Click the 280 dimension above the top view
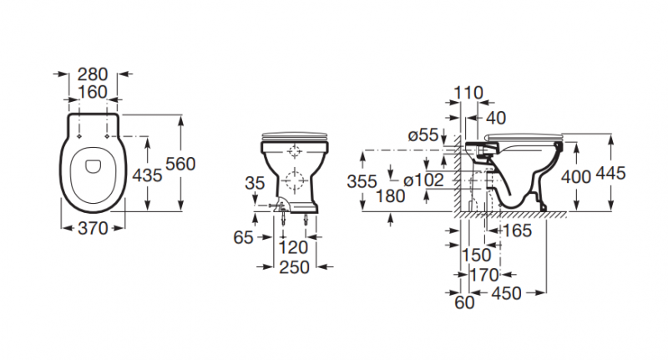coord(93,74)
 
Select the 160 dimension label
coord(93,92)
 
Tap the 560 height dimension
coord(180,164)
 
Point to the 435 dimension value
coord(147,175)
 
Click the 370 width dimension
coord(93,229)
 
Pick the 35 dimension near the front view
coord(255,183)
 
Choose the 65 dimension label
coord(243,237)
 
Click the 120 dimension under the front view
coord(293,247)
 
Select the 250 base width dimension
coord(294,267)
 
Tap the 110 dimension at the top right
coord(468,93)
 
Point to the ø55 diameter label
coord(423,135)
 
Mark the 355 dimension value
coord(362,181)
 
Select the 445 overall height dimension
coord(610,174)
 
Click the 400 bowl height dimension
coord(576,176)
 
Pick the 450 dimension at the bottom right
coord(507,293)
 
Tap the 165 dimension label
coord(518,231)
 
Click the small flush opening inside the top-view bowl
coord(93,166)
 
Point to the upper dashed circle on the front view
coord(295,151)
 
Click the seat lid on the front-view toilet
coord(295,135)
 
